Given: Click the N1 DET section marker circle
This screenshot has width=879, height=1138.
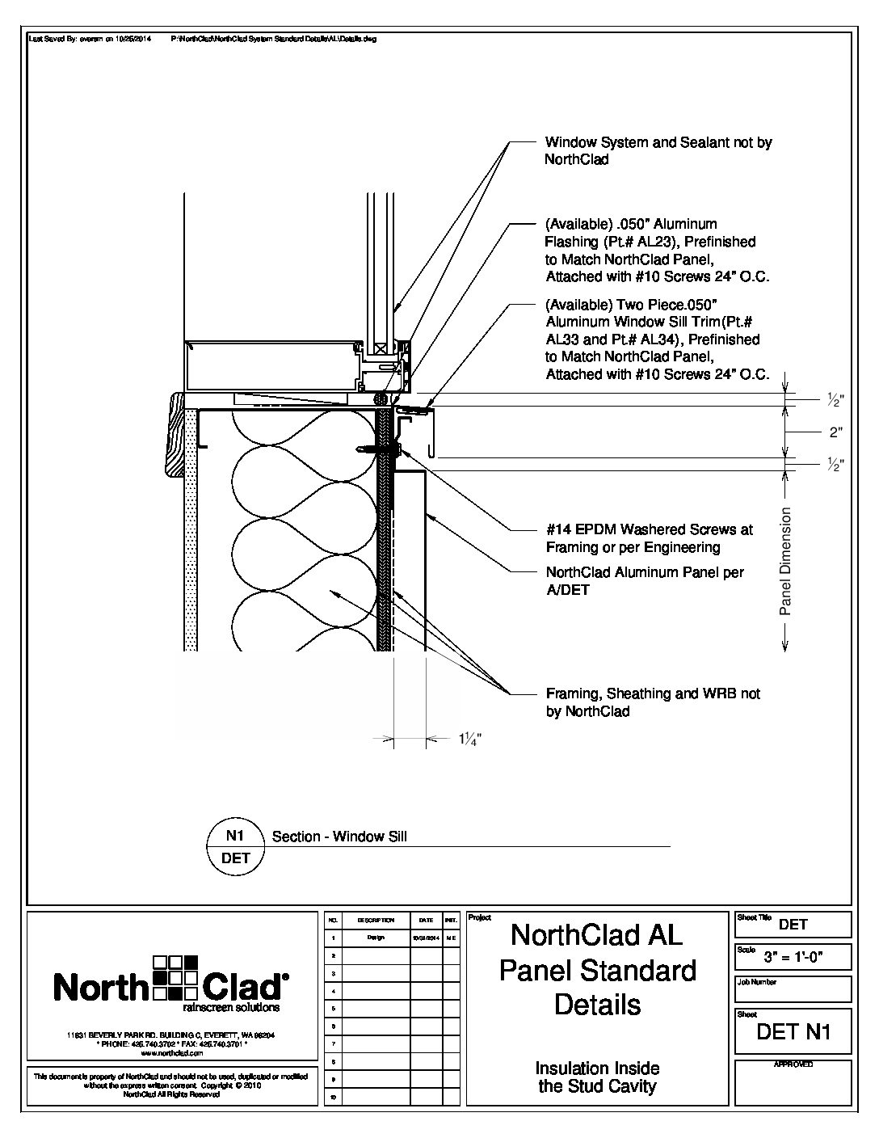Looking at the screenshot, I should pos(236,846).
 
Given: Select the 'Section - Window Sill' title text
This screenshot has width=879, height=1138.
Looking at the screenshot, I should pos(339,837).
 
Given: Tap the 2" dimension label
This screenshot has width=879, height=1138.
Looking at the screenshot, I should pos(836,432).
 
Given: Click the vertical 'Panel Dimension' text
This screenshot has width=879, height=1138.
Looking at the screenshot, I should pos(785,561).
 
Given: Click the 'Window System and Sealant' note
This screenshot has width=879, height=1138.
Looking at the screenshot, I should pos(658,151).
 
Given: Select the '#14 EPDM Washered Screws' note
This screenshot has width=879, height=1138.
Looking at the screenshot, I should pos(649,538).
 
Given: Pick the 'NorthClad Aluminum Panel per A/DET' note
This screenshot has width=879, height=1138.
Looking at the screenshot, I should pos(645,581).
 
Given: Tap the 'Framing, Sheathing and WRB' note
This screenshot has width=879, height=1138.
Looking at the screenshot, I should pos(653,702).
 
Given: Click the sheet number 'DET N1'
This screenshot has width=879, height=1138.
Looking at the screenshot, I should pos(793,1031).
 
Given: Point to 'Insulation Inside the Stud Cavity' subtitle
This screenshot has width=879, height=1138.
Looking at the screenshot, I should pos(597,1077).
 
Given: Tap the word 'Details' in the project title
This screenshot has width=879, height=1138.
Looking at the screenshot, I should pos(597,1005).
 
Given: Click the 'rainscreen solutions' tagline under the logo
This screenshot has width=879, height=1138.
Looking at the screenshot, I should pos(232,1008).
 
